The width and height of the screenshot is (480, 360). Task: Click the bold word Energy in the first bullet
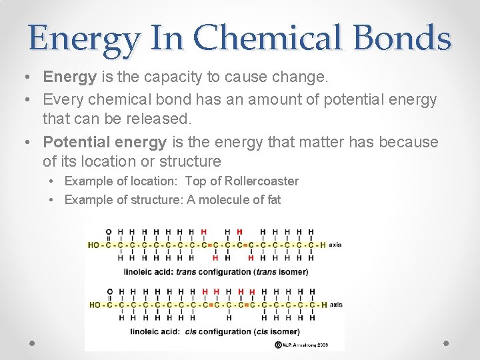coord(70,77)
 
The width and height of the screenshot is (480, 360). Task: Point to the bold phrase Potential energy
coord(105,142)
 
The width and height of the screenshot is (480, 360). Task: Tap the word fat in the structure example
coord(273,199)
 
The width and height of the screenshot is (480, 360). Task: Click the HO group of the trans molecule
coord(94,245)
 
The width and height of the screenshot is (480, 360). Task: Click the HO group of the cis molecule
coord(95,305)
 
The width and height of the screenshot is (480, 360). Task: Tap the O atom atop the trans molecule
coord(109,232)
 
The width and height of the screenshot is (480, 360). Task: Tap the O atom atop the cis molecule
coord(109,291)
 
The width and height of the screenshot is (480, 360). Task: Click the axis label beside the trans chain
coord(335,245)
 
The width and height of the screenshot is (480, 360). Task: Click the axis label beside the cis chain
coord(336,305)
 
